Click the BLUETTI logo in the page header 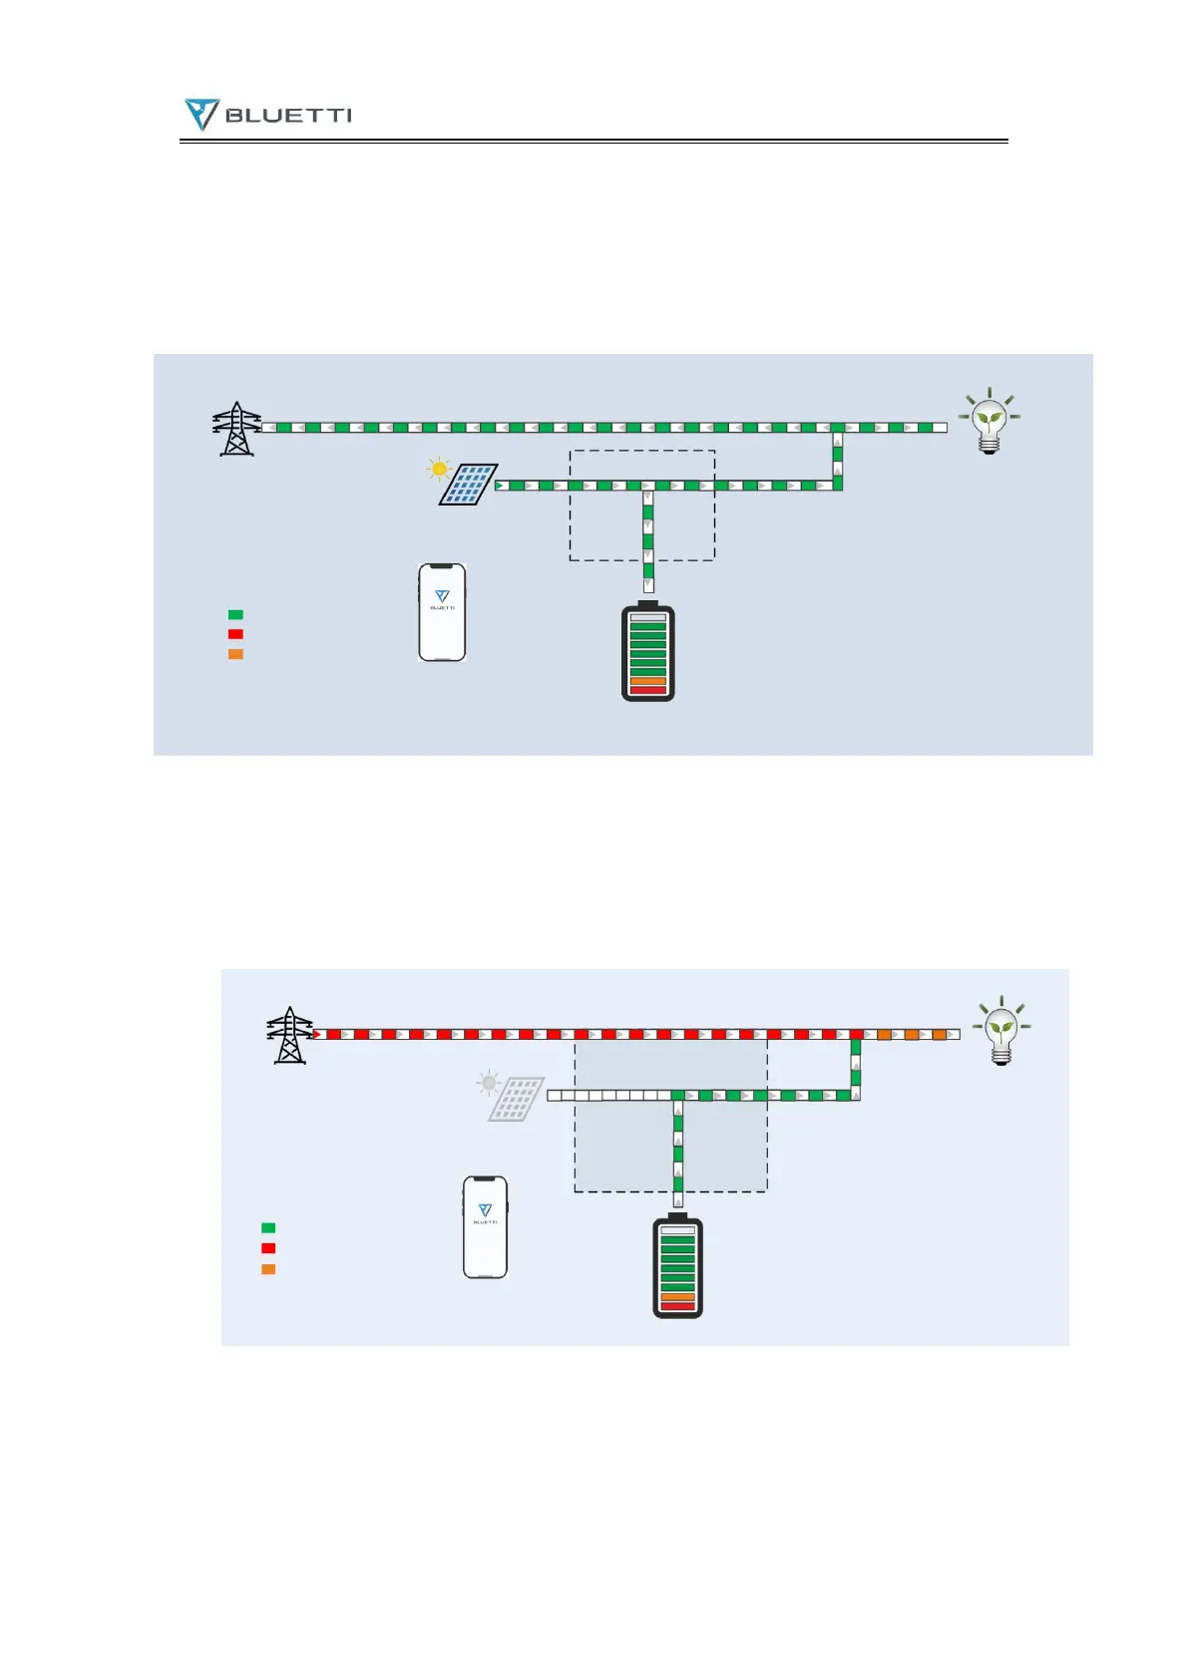(267, 115)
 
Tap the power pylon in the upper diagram (236, 429)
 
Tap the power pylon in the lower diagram (289, 1035)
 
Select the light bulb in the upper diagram (989, 422)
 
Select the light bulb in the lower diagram (1001, 1031)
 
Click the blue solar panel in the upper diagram (469, 485)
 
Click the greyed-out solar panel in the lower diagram (517, 1099)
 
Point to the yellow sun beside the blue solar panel (439, 468)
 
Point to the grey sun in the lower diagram (488, 1082)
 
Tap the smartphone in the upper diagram (442, 612)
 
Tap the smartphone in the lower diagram (485, 1226)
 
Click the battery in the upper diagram (648, 652)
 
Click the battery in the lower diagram (677, 1266)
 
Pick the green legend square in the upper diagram (235, 615)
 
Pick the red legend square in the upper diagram (235, 634)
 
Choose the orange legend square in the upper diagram (235, 654)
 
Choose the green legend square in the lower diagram (268, 1228)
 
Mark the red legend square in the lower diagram (268, 1248)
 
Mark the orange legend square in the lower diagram (268, 1269)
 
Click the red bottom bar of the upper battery (648, 690)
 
